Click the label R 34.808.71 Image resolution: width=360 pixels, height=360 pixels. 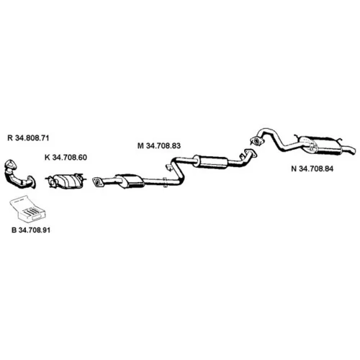[28, 138]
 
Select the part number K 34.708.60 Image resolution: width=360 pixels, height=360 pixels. [66, 158]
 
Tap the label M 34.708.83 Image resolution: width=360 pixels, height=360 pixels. [159, 145]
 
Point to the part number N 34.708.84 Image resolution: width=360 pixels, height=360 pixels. [312, 168]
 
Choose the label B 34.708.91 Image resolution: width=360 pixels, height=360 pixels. [31, 230]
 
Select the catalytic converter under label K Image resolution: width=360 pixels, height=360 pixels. [66, 181]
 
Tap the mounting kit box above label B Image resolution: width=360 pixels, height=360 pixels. [28, 208]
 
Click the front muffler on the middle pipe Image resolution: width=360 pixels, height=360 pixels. [130, 181]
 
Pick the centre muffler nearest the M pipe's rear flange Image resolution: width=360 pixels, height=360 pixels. [210, 161]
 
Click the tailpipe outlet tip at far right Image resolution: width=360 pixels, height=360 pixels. [353, 151]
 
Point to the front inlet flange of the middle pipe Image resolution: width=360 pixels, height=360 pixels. [97, 182]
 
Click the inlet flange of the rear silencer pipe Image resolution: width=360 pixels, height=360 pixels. [256, 141]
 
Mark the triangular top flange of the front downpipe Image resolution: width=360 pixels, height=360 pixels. [10, 164]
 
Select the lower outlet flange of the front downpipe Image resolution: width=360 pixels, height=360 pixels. [32, 182]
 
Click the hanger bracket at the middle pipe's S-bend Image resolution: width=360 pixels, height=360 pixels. [168, 167]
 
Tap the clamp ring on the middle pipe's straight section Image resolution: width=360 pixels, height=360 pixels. [165, 182]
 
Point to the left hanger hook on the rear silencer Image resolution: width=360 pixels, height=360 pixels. [298, 138]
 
